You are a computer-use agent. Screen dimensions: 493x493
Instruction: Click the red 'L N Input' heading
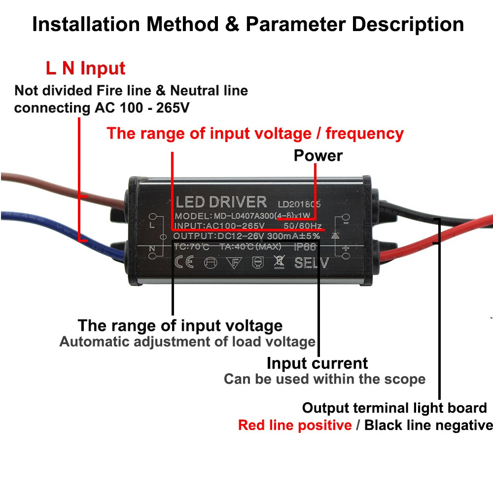click(86, 69)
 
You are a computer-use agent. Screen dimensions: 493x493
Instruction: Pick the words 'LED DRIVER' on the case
click(221, 202)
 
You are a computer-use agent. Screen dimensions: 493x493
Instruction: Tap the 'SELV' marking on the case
click(311, 263)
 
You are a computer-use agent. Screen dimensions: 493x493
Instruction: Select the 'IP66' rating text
click(304, 246)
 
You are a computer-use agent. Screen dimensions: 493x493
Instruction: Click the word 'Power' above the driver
click(318, 156)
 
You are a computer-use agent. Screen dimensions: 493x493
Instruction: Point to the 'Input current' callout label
click(317, 363)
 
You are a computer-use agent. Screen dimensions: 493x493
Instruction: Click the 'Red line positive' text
click(294, 425)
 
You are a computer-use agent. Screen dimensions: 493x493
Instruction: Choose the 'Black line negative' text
click(428, 425)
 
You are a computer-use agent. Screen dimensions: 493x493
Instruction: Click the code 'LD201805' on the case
click(299, 203)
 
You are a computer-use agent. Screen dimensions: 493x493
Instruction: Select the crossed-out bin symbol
click(279, 262)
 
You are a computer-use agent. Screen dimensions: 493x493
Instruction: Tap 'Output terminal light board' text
click(394, 408)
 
